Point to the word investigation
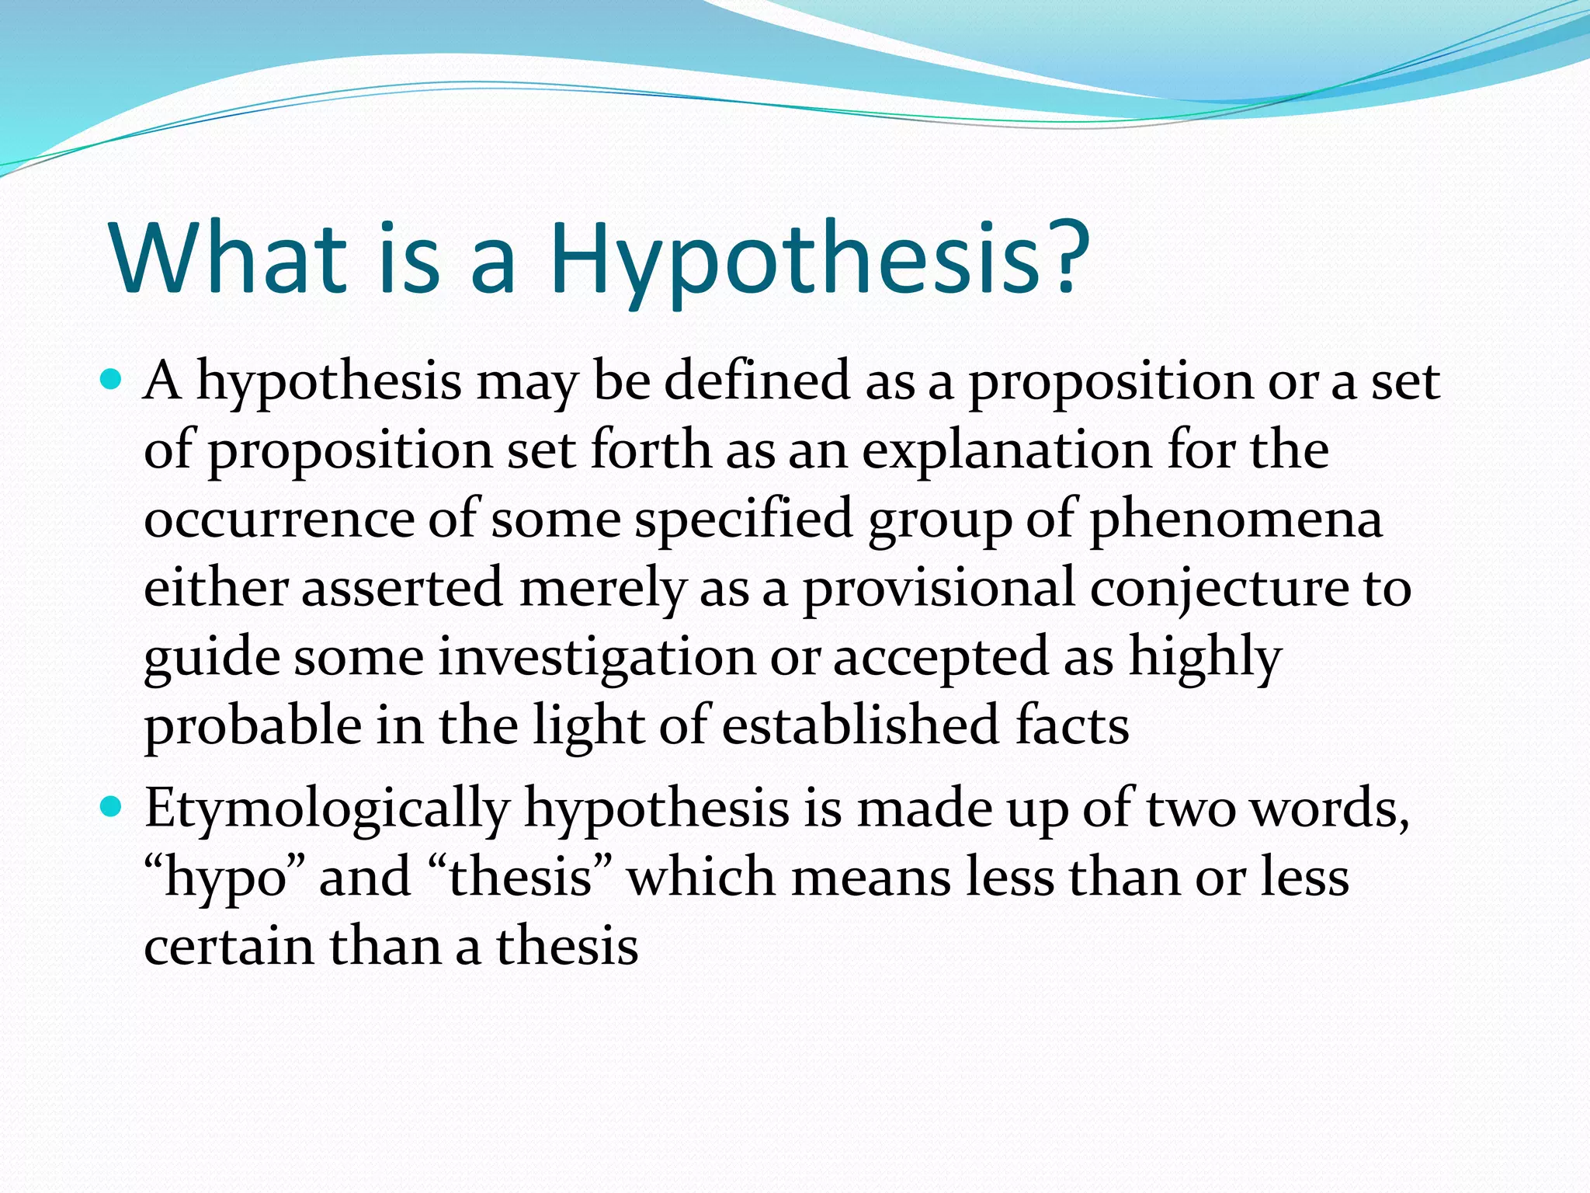click(596, 657)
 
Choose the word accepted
click(942, 657)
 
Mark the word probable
click(253, 726)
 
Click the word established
click(860, 726)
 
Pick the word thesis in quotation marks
click(520, 877)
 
